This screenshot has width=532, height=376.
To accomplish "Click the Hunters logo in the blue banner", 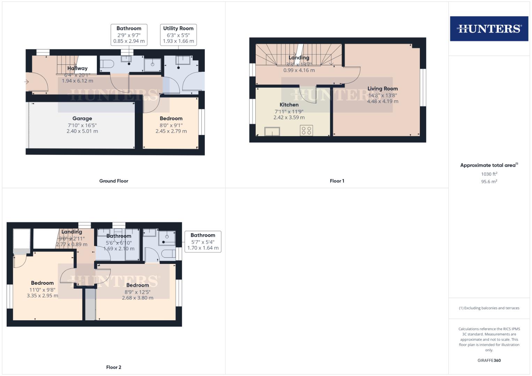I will pyautogui.click(x=489, y=29).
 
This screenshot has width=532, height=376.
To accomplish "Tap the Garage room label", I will pyautogui.click(x=82, y=118).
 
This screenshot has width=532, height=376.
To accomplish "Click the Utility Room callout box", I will pyautogui.click(x=178, y=34).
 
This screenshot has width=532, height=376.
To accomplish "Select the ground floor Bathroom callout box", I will pyautogui.click(x=129, y=34).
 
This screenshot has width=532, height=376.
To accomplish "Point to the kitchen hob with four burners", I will pyautogui.click(x=307, y=131).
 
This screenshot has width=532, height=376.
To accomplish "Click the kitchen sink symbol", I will pyautogui.click(x=272, y=132).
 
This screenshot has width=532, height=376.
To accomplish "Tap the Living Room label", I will pyautogui.click(x=382, y=88).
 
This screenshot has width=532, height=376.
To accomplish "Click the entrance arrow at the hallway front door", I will pyautogui.click(x=27, y=82).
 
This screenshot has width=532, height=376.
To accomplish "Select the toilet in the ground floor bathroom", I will pyautogui.click(x=107, y=64).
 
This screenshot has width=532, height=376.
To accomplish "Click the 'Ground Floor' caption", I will pyautogui.click(x=114, y=181).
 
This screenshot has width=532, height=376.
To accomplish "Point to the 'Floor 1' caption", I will pyautogui.click(x=337, y=181).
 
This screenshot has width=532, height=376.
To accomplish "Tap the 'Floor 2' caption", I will pyautogui.click(x=114, y=367).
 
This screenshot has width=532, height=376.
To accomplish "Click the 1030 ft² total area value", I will pyautogui.click(x=489, y=174).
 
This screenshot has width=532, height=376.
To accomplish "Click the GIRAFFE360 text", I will pyautogui.click(x=489, y=360).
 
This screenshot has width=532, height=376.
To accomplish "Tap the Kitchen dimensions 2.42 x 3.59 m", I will pyautogui.click(x=289, y=118).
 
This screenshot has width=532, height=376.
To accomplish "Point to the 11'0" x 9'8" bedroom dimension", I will pyautogui.click(x=42, y=290).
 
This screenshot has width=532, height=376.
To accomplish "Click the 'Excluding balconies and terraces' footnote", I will pyautogui.click(x=489, y=308).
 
